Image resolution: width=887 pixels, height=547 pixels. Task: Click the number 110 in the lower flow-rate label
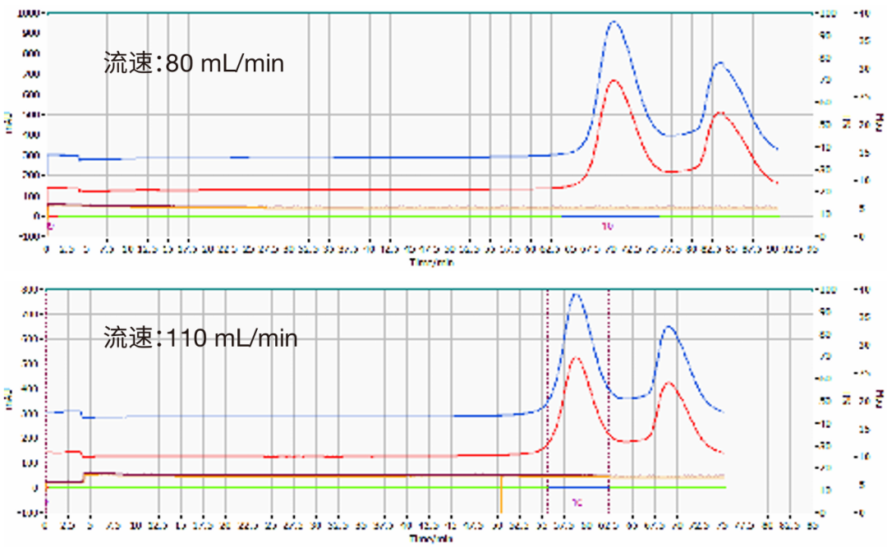click(186, 338)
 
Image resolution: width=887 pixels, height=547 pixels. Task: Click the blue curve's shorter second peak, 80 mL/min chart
click(719, 62)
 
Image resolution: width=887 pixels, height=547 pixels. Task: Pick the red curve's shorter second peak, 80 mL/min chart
click(719, 113)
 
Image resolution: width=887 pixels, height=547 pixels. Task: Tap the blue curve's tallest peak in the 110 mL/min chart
click(575, 294)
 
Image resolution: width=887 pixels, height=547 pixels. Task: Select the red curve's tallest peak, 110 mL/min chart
click(575, 357)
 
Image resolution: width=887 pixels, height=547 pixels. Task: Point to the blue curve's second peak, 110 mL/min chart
click(669, 327)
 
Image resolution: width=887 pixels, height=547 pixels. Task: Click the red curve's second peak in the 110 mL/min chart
click(669, 383)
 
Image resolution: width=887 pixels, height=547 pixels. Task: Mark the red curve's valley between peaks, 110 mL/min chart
click(628, 442)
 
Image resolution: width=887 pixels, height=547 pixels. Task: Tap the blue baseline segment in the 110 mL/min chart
click(577, 488)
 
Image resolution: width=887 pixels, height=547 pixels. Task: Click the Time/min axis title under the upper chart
click(431, 263)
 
